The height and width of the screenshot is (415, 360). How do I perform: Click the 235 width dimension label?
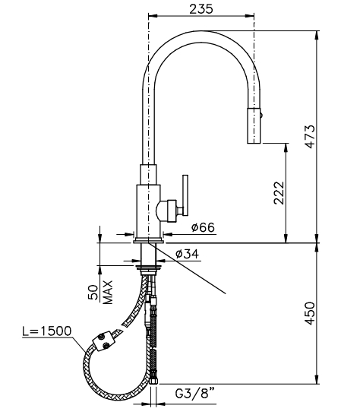point(201,9)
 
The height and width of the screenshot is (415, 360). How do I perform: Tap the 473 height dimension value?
point(310,136)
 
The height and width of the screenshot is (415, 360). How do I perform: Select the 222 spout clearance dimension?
point(279,193)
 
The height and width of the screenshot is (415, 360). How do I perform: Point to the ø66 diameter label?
point(203,227)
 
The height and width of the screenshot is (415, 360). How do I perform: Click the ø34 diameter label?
point(188,254)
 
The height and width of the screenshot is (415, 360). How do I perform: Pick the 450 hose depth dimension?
point(310,313)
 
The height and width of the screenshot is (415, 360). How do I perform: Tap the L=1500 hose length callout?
point(47,331)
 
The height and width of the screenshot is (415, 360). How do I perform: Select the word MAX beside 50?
point(108,293)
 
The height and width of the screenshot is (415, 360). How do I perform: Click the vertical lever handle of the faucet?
point(185,195)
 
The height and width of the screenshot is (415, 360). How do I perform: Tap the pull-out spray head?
point(254,125)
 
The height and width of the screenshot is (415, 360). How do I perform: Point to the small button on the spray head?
point(261,115)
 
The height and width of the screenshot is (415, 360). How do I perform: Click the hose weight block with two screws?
point(103,342)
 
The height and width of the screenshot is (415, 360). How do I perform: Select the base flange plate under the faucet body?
point(149,240)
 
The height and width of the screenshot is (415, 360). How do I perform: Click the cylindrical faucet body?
point(148,211)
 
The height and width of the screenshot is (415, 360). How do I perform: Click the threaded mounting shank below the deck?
point(149,254)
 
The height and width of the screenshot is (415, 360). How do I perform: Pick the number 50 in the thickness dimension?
point(93,293)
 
